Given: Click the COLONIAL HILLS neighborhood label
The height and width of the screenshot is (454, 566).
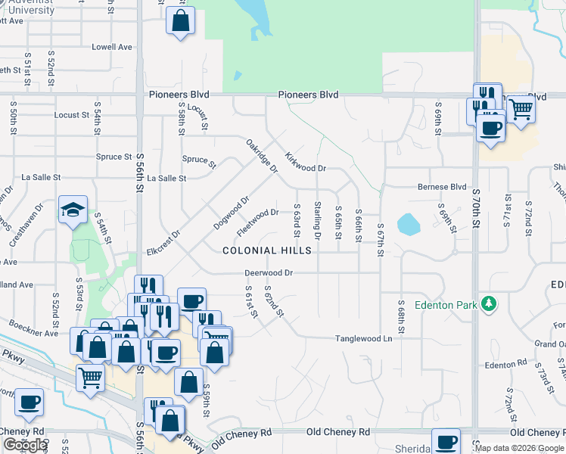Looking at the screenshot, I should click(x=266, y=250).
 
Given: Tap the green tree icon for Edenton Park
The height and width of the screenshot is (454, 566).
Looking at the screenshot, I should click(x=490, y=304).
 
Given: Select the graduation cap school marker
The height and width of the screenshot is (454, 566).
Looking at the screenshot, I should click(x=73, y=210).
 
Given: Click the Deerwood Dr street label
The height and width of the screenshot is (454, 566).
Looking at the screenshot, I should click(x=268, y=272).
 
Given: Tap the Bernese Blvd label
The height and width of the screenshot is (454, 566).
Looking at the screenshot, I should click(x=442, y=187).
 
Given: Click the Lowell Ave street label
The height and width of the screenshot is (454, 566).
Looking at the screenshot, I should click(x=112, y=47).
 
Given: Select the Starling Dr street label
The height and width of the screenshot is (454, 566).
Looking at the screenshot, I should click(x=318, y=220).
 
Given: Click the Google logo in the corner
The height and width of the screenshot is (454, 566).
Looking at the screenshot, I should click(x=25, y=445).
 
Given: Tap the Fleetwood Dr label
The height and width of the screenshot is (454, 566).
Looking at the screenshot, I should click(x=258, y=221).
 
